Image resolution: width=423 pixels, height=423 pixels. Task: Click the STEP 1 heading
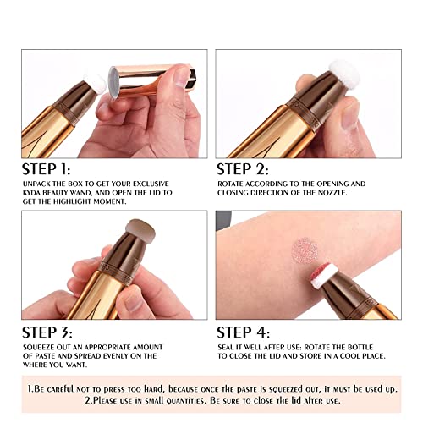(x=46, y=169)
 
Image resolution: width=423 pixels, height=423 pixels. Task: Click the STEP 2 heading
(x=242, y=169)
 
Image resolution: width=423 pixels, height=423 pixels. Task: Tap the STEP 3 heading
(x=47, y=332)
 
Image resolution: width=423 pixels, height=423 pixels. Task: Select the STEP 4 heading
(x=243, y=332)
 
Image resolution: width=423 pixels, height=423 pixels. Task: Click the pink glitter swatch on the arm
(x=305, y=251)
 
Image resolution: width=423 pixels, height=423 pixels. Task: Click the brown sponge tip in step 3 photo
(x=140, y=228)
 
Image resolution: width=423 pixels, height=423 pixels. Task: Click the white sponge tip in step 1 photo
(x=96, y=84)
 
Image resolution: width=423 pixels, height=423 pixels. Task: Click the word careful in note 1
(x=60, y=389)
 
